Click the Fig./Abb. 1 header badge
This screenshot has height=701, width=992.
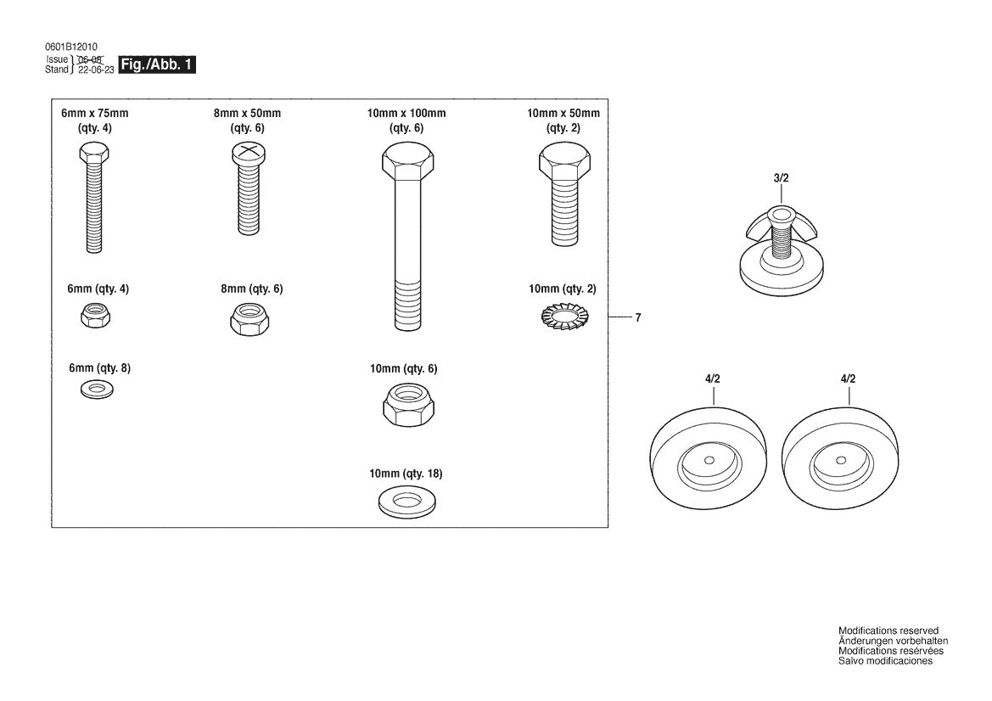click(x=157, y=65)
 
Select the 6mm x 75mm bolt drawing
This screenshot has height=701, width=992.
click(x=93, y=199)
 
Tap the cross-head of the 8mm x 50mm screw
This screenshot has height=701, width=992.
click(x=246, y=153)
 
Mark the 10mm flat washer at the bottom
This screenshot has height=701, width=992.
click(x=406, y=501)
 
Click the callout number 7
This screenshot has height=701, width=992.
click(x=637, y=318)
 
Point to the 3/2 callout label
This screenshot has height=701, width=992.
click(x=782, y=181)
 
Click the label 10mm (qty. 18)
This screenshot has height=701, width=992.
click(x=406, y=473)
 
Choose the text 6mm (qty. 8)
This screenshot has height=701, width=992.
click(x=99, y=368)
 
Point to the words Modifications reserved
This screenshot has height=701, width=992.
click(x=888, y=631)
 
